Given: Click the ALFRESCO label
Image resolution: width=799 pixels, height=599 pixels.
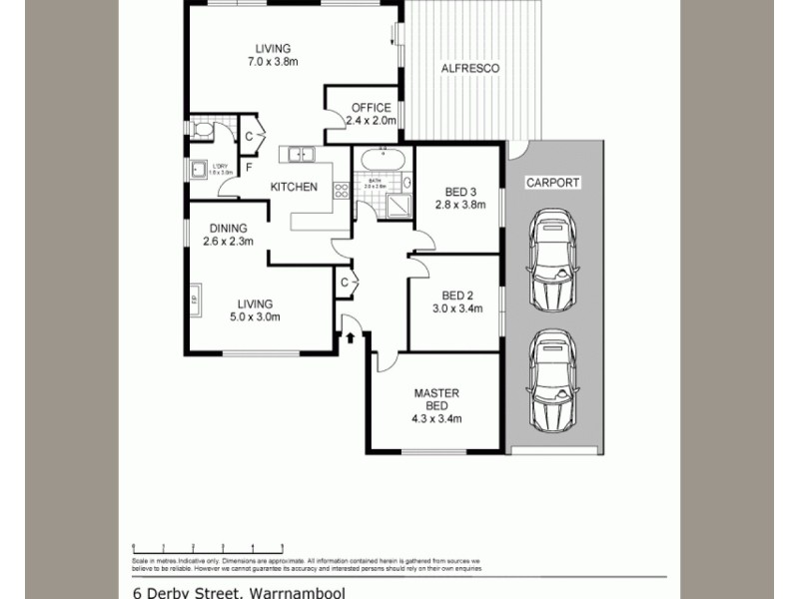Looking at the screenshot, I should click(469, 68).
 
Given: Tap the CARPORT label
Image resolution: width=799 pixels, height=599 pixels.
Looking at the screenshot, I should click(554, 183).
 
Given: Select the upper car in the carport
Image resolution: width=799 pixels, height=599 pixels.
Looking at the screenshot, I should click(553, 261).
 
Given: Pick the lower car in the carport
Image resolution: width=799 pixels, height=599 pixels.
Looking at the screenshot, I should click(553, 381).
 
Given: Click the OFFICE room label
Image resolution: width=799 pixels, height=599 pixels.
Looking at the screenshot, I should click(371, 108).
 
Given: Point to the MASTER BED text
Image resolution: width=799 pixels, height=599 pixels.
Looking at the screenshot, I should click(436, 399).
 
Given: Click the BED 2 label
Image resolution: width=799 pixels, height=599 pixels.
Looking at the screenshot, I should click(457, 295).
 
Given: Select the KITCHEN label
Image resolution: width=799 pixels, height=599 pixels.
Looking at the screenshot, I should click(294, 187).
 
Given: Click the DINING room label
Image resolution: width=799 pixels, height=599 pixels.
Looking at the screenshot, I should click(228, 228).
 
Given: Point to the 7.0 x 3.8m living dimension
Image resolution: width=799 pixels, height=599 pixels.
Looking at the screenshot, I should click(273, 62).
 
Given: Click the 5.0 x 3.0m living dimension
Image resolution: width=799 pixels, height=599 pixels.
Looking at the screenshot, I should click(254, 317).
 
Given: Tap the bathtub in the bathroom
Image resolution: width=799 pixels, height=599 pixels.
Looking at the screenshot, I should click(380, 159).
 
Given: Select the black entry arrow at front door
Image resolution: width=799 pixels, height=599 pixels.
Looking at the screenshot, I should click(351, 338).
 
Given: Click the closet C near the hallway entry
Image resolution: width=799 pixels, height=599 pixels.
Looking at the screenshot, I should click(344, 283).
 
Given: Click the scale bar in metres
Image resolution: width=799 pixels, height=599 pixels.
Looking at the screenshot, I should click(208, 547).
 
